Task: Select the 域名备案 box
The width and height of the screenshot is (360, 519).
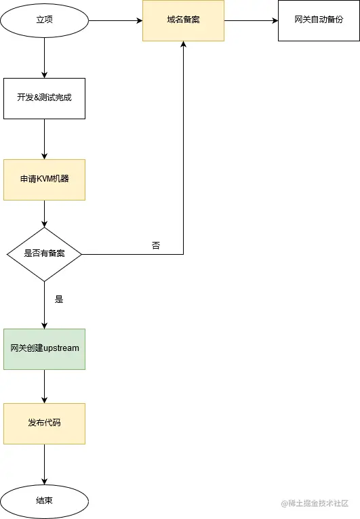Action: pos(183,20)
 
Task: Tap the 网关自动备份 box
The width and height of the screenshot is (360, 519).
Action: pos(319,20)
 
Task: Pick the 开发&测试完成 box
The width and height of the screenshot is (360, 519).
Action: pos(45,98)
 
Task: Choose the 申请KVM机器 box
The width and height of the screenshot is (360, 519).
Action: pos(45,180)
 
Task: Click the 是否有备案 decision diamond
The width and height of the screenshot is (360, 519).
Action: pos(45,254)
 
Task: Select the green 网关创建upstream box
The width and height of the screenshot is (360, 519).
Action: pos(45,349)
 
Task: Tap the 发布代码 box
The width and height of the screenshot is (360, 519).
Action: pos(45,423)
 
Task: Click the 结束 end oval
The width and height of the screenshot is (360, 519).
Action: pos(45,501)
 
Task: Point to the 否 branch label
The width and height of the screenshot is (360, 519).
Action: pos(156,245)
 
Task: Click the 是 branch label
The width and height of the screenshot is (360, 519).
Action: pos(59,299)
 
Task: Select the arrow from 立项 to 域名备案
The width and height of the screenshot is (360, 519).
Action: pos(115,20)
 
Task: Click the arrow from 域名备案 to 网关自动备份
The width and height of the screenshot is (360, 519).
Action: pos(251,20)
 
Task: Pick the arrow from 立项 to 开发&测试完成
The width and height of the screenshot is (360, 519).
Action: pos(45,58)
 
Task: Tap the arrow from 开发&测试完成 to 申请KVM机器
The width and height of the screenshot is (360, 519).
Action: pos(45,139)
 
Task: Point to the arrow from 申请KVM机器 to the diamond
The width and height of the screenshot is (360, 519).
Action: pos(45,213)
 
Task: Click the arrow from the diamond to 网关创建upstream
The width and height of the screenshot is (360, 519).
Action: pos(45,305)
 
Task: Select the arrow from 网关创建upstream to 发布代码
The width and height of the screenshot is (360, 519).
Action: pos(45,386)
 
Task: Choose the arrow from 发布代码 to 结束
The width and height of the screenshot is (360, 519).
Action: pos(45,464)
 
